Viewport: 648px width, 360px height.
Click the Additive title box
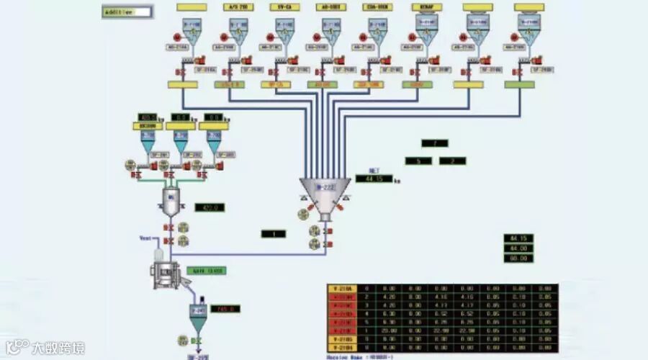click(126, 12)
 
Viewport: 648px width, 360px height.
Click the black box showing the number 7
click(435, 144)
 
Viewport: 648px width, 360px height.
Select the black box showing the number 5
click(418, 161)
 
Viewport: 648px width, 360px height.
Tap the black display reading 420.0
click(210, 207)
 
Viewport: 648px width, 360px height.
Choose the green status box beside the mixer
click(207, 271)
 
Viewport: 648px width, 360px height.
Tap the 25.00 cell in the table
click(390, 329)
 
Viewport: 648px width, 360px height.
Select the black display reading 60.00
click(518, 257)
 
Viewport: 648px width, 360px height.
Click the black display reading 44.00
click(518, 248)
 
